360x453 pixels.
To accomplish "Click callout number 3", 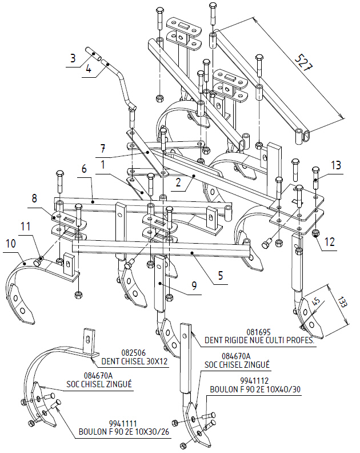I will click(x=73, y=58).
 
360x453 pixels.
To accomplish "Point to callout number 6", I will click(x=84, y=169).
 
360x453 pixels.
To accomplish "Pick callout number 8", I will click(x=36, y=200).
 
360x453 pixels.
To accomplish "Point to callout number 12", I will click(x=327, y=241).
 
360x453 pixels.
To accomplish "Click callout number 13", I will click(x=337, y=166).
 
